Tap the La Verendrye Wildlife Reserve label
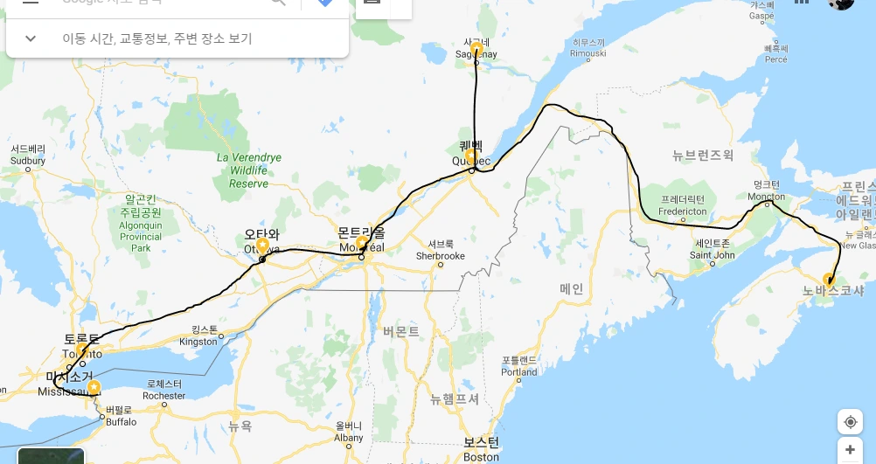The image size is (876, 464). [x=249, y=170]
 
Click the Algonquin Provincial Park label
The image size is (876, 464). [x=141, y=224]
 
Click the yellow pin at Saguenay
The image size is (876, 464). [x=476, y=48]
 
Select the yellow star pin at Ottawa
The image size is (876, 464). [x=262, y=246]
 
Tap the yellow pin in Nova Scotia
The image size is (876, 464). [x=829, y=280]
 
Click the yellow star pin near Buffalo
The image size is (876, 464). [x=94, y=386]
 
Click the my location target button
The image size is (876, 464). [x=850, y=422]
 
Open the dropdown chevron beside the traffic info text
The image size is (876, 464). [x=31, y=38]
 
